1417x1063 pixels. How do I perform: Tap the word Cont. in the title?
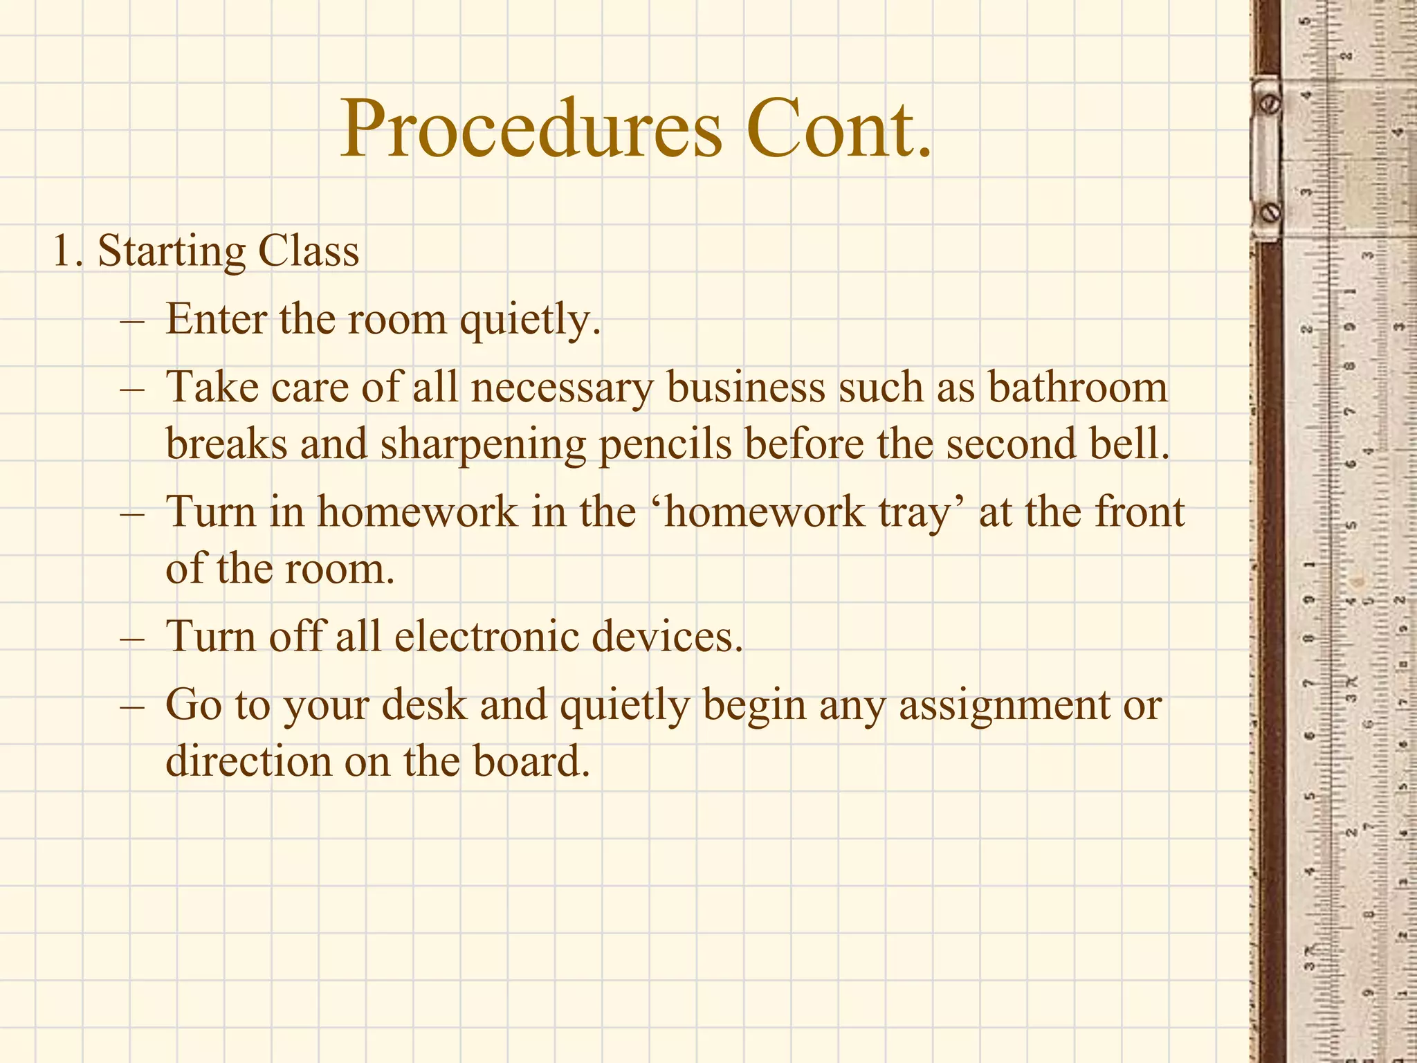[839, 129]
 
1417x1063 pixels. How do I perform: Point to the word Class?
[309, 251]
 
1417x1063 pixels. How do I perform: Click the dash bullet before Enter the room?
[131, 320]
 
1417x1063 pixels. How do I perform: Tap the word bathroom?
[1077, 387]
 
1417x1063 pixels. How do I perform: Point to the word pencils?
[665, 444]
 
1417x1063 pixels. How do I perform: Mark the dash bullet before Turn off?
[131, 637]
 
